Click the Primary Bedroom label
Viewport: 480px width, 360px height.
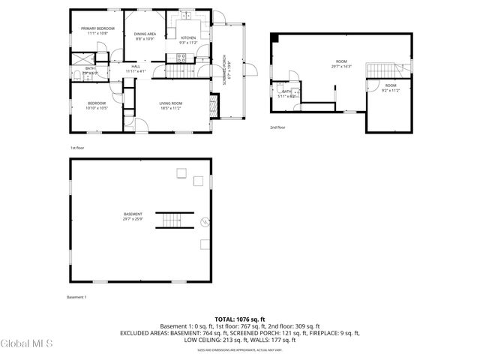tap(97, 31)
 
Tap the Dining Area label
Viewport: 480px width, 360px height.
tap(145, 36)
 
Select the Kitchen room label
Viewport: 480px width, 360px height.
tap(188, 40)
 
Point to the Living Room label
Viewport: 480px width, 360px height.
tap(170, 106)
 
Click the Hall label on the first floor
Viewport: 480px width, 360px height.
tap(136, 68)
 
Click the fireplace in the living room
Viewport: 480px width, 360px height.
tap(214, 106)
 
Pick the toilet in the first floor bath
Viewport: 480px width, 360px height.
tap(76, 73)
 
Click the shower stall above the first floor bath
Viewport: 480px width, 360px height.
tap(79, 57)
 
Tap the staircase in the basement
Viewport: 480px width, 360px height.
tap(171, 220)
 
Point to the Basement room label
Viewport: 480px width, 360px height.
tap(133, 217)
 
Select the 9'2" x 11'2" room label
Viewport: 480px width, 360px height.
tap(391, 88)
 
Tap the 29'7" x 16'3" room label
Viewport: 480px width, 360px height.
tap(341, 64)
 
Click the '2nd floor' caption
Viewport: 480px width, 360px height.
tap(277, 127)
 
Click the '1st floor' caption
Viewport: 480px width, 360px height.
tap(76, 148)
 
